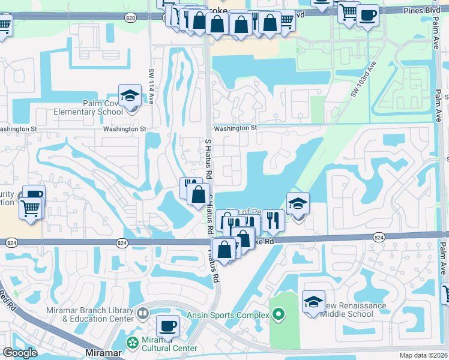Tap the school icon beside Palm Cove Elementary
click(130, 96)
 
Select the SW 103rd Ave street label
click(363, 79)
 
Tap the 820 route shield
click(130, 19)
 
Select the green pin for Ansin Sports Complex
click(277, 313)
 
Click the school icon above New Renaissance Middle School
click(313, 302)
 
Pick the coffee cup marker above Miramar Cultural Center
click(167, 326)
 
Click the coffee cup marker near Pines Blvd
click(367, 14)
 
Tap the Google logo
click(20, 353)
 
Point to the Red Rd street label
click(6, 295)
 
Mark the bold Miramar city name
click(100, 354)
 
